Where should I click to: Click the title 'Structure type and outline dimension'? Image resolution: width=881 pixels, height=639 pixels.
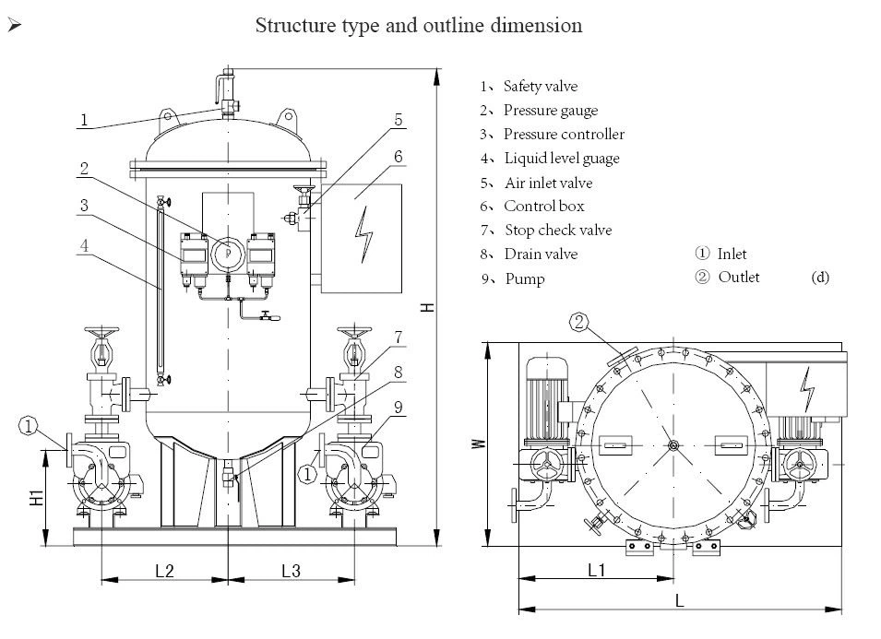[418, 25]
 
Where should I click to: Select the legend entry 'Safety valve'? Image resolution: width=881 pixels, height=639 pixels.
[540, 87]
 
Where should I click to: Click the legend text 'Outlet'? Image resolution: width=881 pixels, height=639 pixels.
[738, 278]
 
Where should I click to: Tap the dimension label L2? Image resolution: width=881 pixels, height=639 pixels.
[164, 571]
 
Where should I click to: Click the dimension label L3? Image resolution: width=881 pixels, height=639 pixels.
[290, 571]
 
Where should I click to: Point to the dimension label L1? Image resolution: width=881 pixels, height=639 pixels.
[596, 571]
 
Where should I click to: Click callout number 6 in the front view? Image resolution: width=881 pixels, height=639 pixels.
[398, 157]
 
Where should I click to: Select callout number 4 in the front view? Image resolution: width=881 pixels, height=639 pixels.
[83, 246]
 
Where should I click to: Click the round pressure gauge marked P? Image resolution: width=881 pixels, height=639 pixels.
[227, 254]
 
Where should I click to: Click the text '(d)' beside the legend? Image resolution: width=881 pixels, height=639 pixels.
[820, 278]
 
